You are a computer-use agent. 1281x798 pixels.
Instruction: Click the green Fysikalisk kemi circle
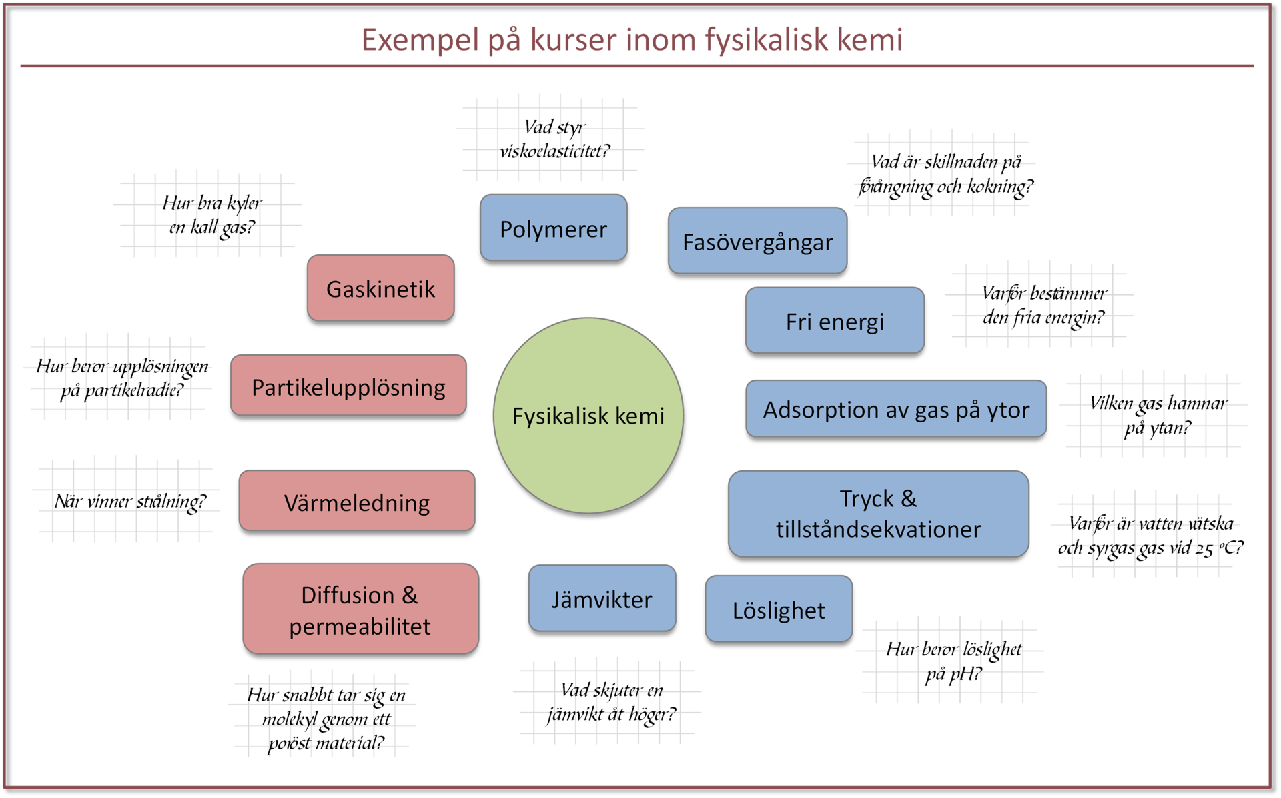coord(588,415)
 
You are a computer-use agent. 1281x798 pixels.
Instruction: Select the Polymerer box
coord(553,228)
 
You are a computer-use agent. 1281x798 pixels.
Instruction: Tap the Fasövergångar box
coord(757,241)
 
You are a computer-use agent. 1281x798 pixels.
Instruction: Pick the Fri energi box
coord(835,320)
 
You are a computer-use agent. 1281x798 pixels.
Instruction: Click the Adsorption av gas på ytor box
coord(895,409)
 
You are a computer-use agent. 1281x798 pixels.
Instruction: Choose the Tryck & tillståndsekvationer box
coord(878,513)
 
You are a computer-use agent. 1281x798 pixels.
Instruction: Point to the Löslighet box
coord(779,609)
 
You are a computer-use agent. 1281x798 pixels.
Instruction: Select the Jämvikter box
coord(602,598)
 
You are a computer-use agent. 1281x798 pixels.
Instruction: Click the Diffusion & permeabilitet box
coord(360,609)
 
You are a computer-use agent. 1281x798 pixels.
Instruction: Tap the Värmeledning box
coord(357,501)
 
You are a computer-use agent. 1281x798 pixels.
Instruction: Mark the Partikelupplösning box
coord(348,386)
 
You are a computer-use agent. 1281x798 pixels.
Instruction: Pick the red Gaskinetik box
coord(380,288)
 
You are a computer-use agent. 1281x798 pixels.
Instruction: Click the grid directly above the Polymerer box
coord(550,138)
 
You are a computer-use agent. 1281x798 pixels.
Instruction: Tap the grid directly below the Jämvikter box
coord(607,701)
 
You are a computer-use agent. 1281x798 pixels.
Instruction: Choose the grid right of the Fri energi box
coord(1039,305)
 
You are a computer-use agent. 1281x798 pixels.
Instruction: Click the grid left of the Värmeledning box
coord(126,499)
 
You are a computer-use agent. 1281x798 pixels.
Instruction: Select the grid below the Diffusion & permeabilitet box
coord(322,715)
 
